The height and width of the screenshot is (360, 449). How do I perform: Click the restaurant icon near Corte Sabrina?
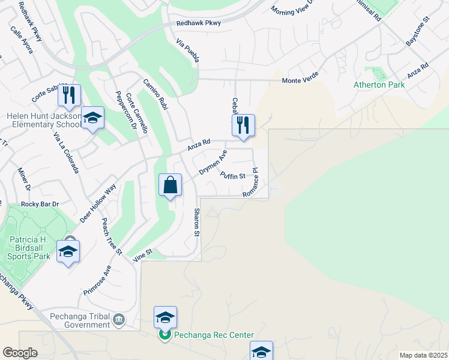[x=69, y=95]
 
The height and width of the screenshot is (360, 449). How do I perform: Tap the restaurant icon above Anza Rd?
[x=243, y=125]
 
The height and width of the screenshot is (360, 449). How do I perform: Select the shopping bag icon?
[x=170, y=185]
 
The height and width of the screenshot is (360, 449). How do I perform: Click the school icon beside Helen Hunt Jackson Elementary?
[x=92, y=118]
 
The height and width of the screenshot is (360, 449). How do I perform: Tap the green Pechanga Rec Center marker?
[x=165, y=335]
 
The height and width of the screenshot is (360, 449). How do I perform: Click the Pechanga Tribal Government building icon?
[x=119, y=319]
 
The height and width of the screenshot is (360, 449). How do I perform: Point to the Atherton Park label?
[x=378, y=85]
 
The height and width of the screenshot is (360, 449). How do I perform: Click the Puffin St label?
[x=233, y=176]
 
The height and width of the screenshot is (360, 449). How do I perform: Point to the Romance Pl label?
[x=250, y=184]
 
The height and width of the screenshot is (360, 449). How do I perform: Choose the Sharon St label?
[x=196, y=222]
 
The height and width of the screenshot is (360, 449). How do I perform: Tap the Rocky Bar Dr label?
[x=40, y=204]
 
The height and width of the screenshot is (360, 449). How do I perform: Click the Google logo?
[x=20, y=353]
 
